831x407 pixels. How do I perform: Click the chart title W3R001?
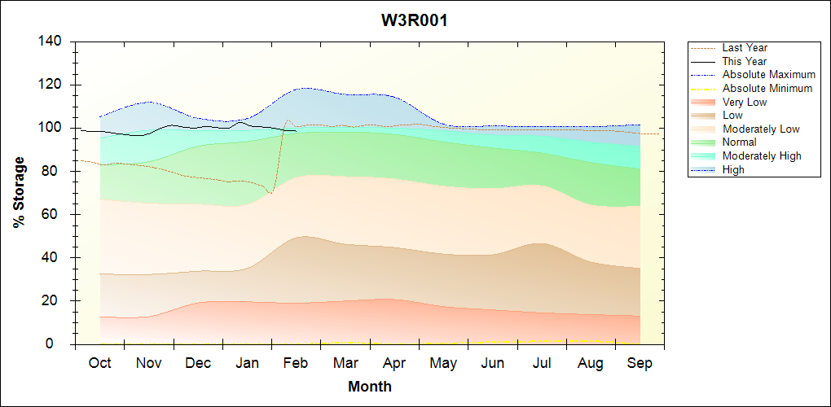pos(415,20)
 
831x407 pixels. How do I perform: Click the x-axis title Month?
pos(369,387)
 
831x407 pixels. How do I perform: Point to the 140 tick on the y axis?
pos(55,42)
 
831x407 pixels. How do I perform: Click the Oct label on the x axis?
pos(99,363)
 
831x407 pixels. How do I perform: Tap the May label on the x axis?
pos(443,363)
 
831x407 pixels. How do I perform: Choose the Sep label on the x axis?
pos(640,363)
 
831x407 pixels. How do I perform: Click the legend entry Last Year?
pos(745,48)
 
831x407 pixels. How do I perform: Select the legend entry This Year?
pos(745,61)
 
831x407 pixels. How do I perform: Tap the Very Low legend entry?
pos(745,102)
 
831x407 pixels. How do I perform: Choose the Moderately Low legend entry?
pos(761,129)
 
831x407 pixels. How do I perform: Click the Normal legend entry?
pos(739,142)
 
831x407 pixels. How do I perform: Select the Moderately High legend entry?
pos(762,155)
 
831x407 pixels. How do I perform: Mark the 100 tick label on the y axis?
pos(55,128)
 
